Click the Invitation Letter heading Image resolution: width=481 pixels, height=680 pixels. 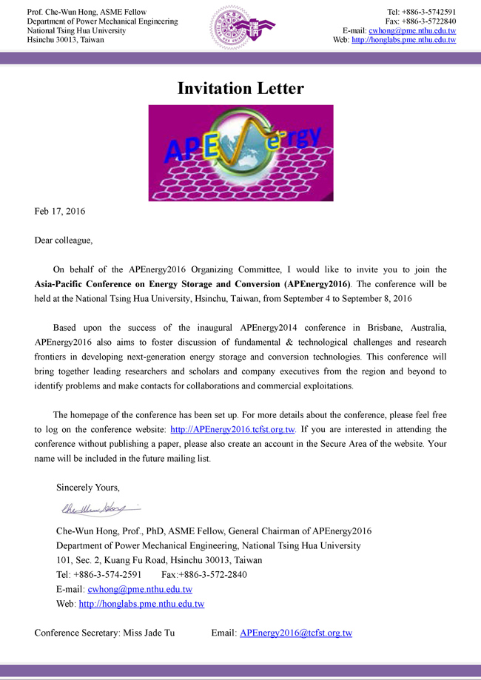tap(240, 88)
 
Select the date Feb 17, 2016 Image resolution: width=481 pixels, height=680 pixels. tap(60, 212)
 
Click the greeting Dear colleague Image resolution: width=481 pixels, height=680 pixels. tap(64, 240)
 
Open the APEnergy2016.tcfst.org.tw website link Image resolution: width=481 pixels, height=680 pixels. tap(233, 429)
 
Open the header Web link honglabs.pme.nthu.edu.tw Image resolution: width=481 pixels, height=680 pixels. tap(404, 40)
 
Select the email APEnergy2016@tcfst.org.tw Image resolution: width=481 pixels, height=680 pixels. tap(296, 633)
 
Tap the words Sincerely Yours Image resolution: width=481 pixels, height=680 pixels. tap(88, 488)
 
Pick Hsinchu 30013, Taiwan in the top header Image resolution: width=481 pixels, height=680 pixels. tap(65, 40)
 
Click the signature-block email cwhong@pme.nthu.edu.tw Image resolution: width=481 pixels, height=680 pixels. tap(140, 590)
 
